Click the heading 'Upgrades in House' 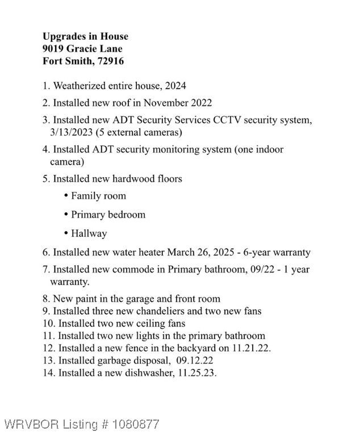(85, 36)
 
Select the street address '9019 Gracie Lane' (82, 49)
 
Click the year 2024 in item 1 (174, 86)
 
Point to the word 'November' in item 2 (163, 103)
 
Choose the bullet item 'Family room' (98, 196)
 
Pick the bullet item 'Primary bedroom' (108, 215)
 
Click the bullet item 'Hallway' (89, 233)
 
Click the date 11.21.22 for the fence (250, 348)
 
